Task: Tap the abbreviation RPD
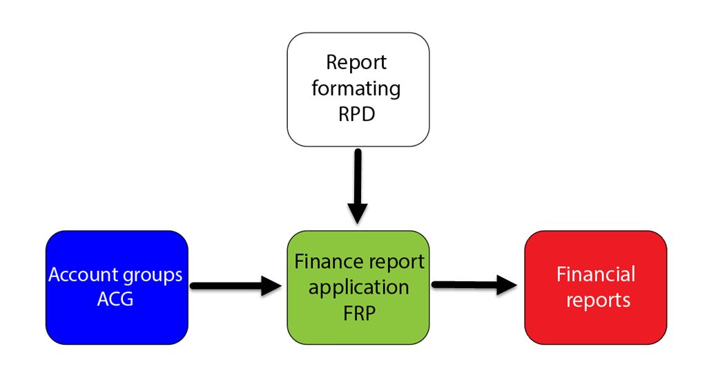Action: pyautogui.click(x=357, y=113)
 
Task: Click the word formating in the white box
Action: pyautogui.click(x=356, y=88)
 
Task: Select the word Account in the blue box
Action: pyautogui.click(x=82, y=274)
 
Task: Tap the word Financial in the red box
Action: pyautogui.click(x=595, y=274)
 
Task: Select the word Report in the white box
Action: pyautogui.click(x=356, y=62)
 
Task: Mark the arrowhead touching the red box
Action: pyautogui.click(x=507, y=284)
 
